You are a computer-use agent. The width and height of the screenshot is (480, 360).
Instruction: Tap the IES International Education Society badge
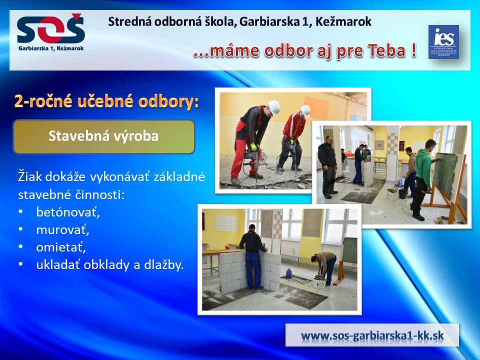[443, 42]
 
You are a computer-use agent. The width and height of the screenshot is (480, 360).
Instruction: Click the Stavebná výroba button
[104, 136]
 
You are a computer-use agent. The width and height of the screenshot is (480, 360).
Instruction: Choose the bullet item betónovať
[68, 212]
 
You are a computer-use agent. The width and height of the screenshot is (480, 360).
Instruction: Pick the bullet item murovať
[63, 229]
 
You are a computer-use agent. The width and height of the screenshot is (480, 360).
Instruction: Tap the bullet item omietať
[61, 247]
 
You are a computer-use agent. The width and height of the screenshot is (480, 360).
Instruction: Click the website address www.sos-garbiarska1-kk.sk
[372, 335]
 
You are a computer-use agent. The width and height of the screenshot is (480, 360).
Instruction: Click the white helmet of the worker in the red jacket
[305, 110]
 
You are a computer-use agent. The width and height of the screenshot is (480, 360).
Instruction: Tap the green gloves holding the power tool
[254, 147]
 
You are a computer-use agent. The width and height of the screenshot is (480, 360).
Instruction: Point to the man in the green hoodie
[424, 179]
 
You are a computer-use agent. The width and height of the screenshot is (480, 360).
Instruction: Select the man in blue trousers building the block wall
[253, 256]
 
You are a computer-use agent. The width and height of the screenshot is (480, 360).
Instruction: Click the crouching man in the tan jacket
[324, 266]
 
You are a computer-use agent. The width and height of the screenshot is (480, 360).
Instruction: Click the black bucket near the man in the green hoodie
[403, 193]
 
